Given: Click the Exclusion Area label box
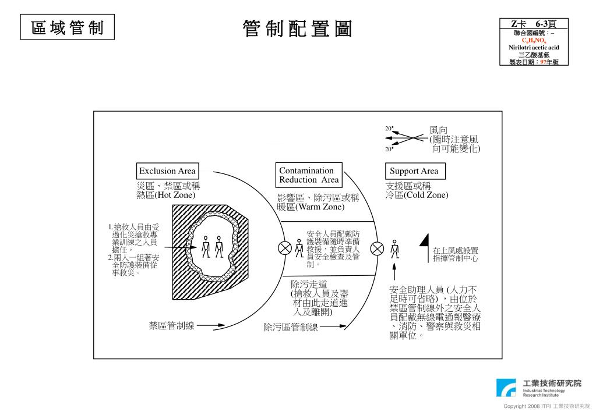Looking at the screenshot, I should click(167, 171).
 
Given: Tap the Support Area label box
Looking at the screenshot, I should click(414, 171).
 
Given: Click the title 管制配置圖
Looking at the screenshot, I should click(298, 29).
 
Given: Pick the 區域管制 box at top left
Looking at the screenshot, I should click(68, 28).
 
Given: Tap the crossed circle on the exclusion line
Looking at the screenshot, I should click(285, 248).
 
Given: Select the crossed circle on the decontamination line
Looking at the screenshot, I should click(377, 248).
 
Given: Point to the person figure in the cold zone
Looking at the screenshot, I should click(394, 248).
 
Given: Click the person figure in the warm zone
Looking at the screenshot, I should click(299, 248).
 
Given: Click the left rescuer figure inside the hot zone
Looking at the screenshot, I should click(206, 247).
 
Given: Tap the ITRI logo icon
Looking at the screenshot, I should click(505, 388).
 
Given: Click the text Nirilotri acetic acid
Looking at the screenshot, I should click(534, 47).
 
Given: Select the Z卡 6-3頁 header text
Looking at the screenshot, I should click(533, 24).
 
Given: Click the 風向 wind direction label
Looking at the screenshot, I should click(439, 130).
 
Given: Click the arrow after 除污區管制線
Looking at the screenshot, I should click(333, 326).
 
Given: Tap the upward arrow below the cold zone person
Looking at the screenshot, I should click(394, 272).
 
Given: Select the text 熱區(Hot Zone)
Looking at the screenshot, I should click(165, 196).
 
